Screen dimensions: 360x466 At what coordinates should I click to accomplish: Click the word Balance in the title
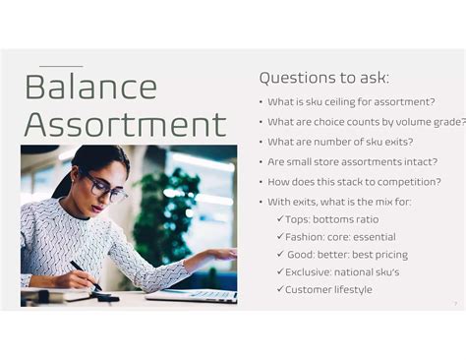(90, 87)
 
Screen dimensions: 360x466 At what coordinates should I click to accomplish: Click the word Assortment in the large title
(125, 125)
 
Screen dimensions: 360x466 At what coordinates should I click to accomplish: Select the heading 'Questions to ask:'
(323, 78)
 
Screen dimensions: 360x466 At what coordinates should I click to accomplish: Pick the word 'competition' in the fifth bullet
(402, 182)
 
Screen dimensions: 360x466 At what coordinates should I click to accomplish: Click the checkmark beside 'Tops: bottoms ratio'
(280, 219)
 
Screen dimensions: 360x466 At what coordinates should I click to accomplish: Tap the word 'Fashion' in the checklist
(304, 237)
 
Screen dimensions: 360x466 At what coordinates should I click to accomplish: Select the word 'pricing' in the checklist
(388, 255)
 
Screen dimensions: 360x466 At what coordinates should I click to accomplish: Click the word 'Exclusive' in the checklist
(310, 272)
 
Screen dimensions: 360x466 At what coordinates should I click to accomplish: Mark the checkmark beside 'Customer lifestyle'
(280, 290)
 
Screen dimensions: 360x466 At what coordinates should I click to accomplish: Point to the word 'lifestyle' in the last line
(351, 290)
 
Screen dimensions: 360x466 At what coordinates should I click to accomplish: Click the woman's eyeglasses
(105, 189)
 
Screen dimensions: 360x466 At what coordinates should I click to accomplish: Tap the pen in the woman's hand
(84, 272)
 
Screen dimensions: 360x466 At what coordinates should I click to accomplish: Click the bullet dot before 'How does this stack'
(261, 183)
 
